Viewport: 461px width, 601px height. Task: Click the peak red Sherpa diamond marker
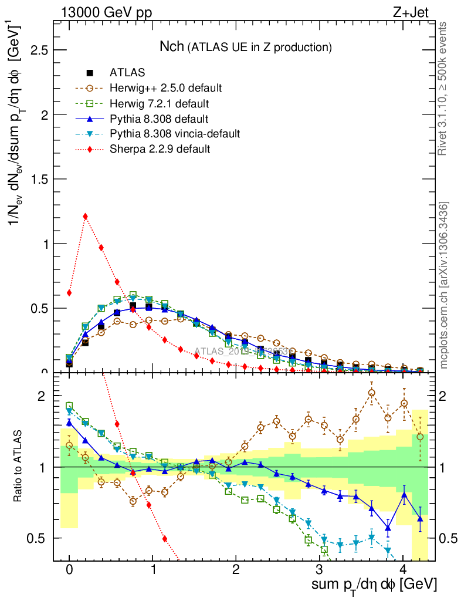click(x=86, y=216)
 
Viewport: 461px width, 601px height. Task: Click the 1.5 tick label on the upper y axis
click(x=39, y=179)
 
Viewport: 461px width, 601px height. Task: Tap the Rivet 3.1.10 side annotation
click(x=443, y=88)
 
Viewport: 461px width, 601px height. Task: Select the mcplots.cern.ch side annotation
click(x=443, y=285)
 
